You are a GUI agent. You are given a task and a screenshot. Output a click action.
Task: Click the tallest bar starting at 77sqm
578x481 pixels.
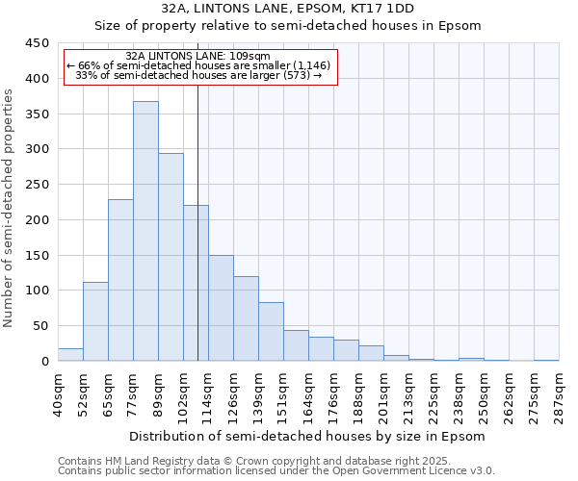pos(145,231)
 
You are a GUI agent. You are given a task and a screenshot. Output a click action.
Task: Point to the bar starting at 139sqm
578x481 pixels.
pos(271,332)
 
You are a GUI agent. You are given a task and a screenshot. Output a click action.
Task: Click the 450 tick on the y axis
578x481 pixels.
pos(37,43)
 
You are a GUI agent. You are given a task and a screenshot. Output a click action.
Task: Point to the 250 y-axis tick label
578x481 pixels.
pos(37,185)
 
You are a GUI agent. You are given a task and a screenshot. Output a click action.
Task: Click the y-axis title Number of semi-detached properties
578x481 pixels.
pos(9,208)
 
